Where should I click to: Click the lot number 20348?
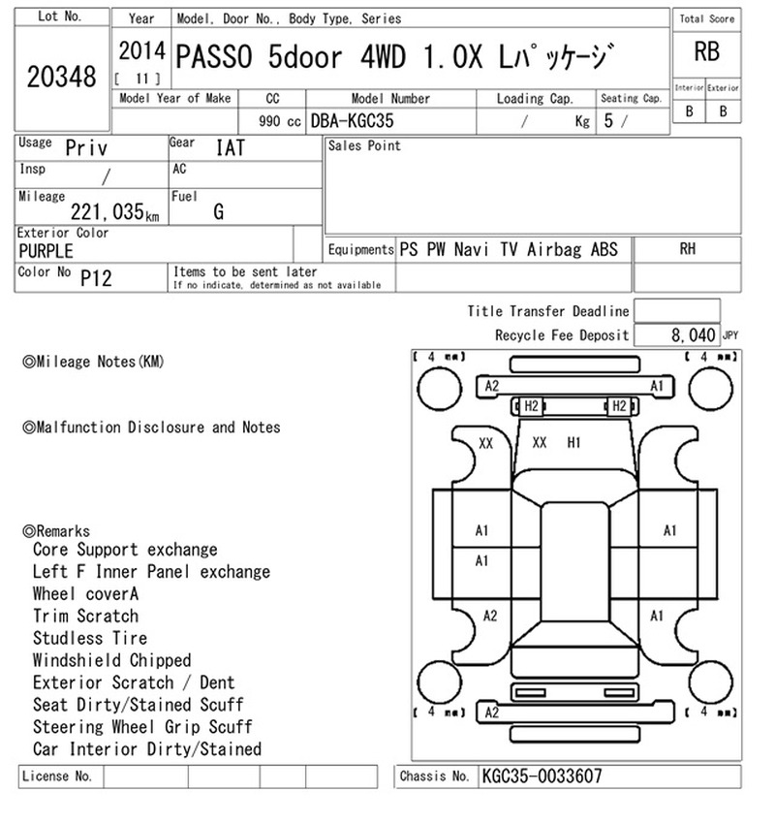click(61, 77)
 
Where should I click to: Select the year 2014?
click(141, 51)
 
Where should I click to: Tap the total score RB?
click(706, 51)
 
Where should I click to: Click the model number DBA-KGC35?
click(352, 121)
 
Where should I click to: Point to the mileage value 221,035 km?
click(114, 211)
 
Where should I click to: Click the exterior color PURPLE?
click(46, 251)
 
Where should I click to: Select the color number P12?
click(96, 278)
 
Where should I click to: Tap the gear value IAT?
click(231, 147)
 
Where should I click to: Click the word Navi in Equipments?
click(471, 249)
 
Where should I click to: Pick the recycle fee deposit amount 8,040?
click(693, 334)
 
